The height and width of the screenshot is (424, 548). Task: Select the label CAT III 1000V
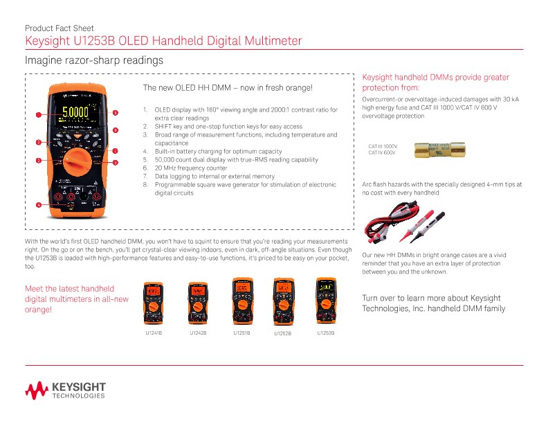[383, 146]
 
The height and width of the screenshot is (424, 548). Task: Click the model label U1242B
[199, 333]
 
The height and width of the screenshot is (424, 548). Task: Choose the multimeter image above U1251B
[241, 297]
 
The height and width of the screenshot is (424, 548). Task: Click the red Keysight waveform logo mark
[36, 391]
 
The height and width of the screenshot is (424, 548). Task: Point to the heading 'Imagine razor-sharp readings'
[93, 61]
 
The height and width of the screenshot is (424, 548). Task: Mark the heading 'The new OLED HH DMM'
[227, 89]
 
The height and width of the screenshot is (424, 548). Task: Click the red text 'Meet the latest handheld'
[69, 288]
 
